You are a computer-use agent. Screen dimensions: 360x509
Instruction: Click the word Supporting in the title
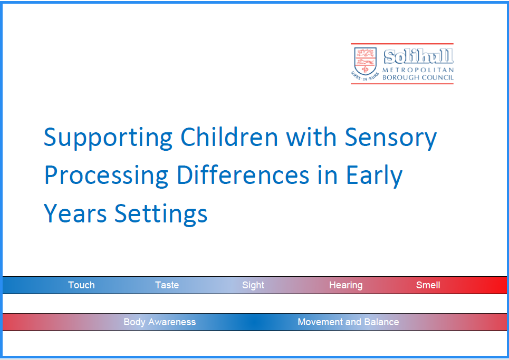(x=108, y=138)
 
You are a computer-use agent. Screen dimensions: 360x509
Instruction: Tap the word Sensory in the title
(x=390, y=138)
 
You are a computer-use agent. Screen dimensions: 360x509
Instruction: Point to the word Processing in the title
(x=105, y=176)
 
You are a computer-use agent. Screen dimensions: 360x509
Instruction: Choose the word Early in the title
(x=374, y=176)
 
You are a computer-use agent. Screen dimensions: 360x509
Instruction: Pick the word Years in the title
(x=75, y=213)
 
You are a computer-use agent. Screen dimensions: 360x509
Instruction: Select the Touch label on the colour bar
(x=81, y=285)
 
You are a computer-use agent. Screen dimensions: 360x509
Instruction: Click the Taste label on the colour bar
(x=167, y=285)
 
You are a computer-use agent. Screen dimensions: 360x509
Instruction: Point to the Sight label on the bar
(x=253, y=285)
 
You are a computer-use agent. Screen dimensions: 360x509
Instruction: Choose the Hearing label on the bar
(x=345, y=285)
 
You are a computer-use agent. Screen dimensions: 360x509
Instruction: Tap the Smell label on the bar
(x=428, y=285)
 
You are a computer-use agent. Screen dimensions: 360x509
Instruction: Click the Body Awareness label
(x=159, y=322)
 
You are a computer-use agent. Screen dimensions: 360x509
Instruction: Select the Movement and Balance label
(x=348, y=322)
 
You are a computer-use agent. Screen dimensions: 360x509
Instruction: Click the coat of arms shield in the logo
(x=365, y=61)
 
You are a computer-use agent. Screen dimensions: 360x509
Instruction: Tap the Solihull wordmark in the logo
(x=418, y=57)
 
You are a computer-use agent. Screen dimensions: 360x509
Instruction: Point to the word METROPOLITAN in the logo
(x=418, y=70)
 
